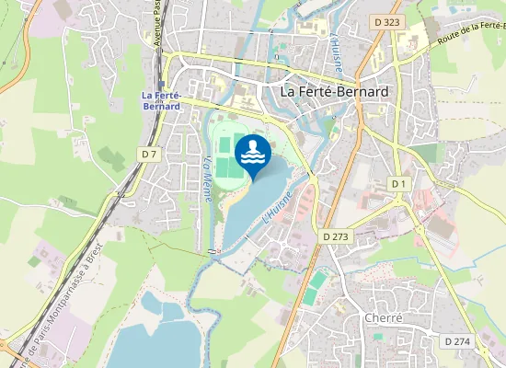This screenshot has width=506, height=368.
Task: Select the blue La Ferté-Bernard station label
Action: tap(161, 100)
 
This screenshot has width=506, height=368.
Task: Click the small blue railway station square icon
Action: tap(161, 85)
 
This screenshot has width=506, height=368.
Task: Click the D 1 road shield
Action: tap(397, 184)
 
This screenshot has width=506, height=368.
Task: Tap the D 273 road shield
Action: tap(337, 236)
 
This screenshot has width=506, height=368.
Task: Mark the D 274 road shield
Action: tap(456, 340)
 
